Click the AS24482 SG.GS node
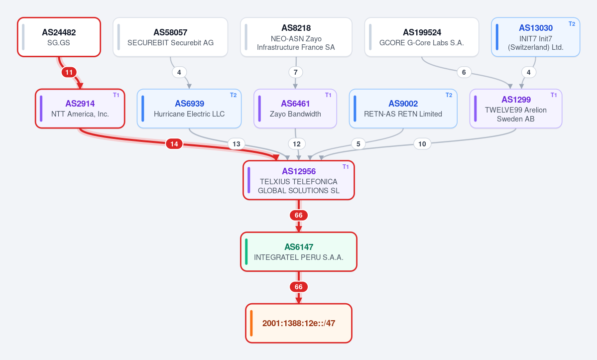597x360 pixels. (x=59, y=37)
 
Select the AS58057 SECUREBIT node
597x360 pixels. (x=170, y=37)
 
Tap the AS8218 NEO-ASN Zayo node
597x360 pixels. (x=296, y=37)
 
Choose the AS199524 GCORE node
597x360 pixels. (x=421, y=37)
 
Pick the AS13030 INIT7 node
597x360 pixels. (x=535, y=37)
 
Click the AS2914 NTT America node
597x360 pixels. (x=80, y=109)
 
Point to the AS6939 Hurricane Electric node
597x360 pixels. (x=189, y=109)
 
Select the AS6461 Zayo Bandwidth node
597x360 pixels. (x=295, y=109)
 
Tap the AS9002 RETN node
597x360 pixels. (x=403, y=109)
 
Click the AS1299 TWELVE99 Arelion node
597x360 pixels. (x=516, y=109)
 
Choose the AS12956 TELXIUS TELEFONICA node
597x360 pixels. (x=299, y=180)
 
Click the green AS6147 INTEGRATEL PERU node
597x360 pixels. (x=299, y=251)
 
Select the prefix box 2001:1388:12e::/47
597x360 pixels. (x=299, y=323)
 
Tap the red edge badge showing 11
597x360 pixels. (x=69, y=72)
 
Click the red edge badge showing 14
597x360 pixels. (x=174, y=144)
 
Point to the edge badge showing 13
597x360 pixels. (x=237, y=144)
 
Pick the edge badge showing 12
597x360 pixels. (x=297, y=144)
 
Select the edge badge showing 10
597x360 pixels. (x=422, y=144)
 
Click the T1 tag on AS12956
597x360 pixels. (x=346, y=167)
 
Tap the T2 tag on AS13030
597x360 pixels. (x=572, y=23)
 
